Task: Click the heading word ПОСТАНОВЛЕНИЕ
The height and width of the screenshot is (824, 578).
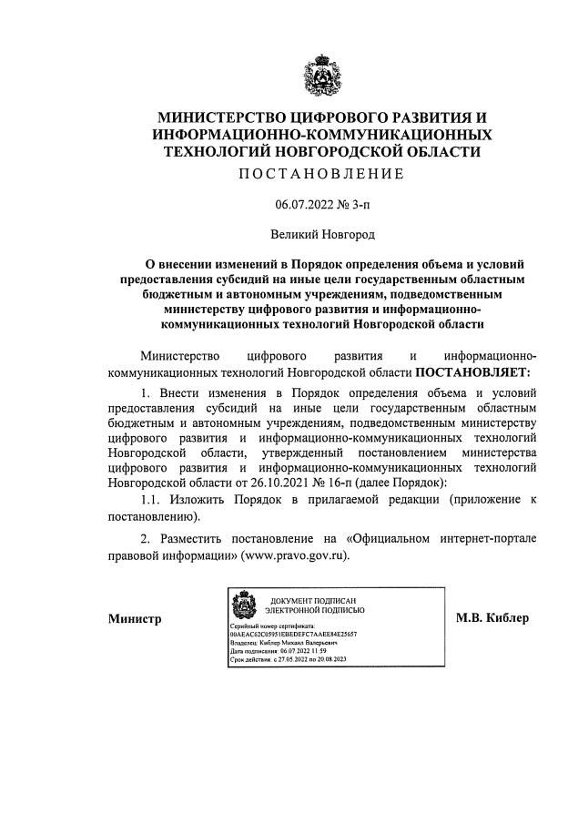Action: click(319, 173)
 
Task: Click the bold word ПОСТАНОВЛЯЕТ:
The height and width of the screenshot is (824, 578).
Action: click(472, 371)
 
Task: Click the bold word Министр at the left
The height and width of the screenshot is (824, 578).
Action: click(135, 620)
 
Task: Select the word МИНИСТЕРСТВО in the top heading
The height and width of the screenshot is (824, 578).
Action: click(218, 117)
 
